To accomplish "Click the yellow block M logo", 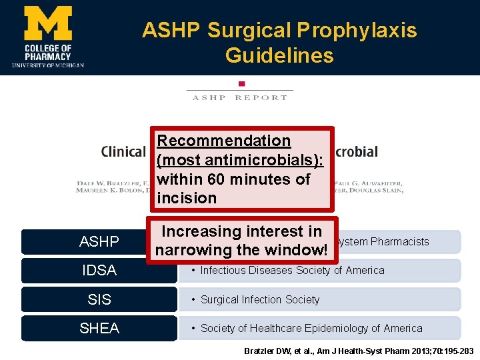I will pos(47,23).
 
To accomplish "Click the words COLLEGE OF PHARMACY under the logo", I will pos(47,52).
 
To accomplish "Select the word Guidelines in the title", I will pos(279,55).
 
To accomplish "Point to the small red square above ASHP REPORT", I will pos(241,83).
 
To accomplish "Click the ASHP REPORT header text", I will pos(240,97).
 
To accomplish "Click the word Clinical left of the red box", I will pos(123,151).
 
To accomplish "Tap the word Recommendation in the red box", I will pos(224,141).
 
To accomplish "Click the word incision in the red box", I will pos(187,198).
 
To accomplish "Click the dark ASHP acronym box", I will pos(99,241).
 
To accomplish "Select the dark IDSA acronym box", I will pos(99,270).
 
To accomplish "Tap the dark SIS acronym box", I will pos(99,299).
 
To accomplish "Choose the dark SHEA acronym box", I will pos(99,328).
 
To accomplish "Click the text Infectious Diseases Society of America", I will pos(292,270).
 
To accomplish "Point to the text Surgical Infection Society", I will pos(260,299).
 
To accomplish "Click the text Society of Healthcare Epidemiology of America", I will pos(311,328).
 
